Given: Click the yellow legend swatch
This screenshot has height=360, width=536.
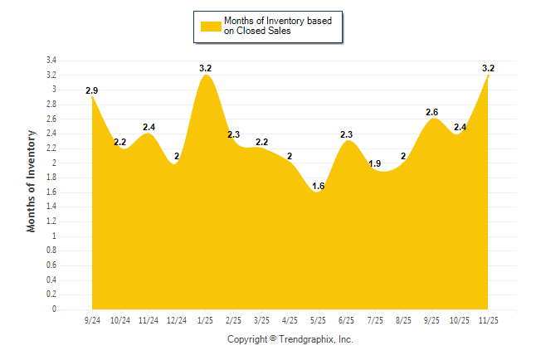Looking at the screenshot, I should [x=211, y=27].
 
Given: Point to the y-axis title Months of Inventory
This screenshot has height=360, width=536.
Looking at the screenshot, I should [x=32, y=181].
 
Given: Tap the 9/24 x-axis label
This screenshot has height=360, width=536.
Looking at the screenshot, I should [x=92, y=320].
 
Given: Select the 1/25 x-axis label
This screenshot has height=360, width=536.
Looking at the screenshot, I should [x=205, y=320].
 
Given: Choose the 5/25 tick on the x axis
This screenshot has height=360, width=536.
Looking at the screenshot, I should [x=319, y=320].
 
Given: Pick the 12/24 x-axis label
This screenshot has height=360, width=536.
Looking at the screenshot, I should [x=177, y=320].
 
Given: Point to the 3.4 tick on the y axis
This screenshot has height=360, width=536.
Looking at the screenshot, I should [x=51, y=61].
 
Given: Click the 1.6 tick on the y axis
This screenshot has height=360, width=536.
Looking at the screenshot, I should [x=51, y=192].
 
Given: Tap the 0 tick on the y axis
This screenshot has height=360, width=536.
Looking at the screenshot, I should [x=54, y=309].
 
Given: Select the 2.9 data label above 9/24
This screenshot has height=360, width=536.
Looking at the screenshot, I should [x=92, y=89].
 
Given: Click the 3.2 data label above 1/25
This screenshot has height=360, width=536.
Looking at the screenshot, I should [x=206, y=67].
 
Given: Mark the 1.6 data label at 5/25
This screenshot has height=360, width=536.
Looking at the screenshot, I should [x=319, y=186].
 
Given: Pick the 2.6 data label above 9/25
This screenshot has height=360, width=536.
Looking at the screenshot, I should [x=431, y=111].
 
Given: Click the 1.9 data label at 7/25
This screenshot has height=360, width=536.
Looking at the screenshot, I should [x=375, y=163].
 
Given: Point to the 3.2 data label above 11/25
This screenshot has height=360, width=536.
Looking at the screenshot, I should [x=488, y=67].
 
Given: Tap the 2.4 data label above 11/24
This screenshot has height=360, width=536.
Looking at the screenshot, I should [x=149, y=126].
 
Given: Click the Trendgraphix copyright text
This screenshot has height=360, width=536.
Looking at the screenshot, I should [x=290, y=339].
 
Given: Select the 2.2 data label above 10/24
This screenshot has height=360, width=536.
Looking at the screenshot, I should [x=120, y=141].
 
